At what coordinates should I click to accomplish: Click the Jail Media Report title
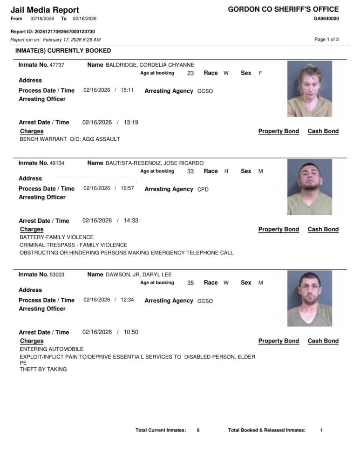45,10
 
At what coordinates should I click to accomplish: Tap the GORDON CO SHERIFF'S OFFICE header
283,9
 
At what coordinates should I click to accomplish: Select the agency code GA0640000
326,19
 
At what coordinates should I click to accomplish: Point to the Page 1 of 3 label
326,40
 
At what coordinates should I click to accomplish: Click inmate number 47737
57,65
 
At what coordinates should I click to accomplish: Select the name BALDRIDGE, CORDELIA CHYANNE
150,65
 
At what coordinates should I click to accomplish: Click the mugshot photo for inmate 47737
309,89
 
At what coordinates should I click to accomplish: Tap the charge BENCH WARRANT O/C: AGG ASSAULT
70,139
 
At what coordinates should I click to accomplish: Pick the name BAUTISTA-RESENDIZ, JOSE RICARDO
155,163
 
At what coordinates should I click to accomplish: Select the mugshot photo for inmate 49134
309,187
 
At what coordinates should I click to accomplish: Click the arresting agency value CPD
203,189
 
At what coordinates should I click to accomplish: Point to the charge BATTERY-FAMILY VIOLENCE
56,237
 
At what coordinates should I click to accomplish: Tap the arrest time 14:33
131,221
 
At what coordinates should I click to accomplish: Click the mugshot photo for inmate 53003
309,298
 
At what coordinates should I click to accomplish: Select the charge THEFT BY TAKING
43,369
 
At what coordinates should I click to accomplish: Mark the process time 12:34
127,300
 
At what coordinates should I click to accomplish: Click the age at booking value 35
190,283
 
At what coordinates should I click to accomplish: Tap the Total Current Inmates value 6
198,430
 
